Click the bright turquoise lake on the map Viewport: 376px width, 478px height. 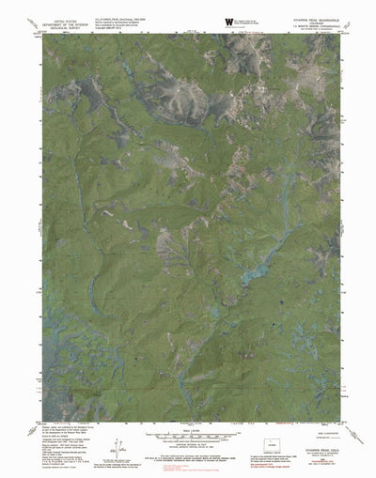[x=252, y=276]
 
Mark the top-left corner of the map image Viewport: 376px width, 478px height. [x=42, y=35]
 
